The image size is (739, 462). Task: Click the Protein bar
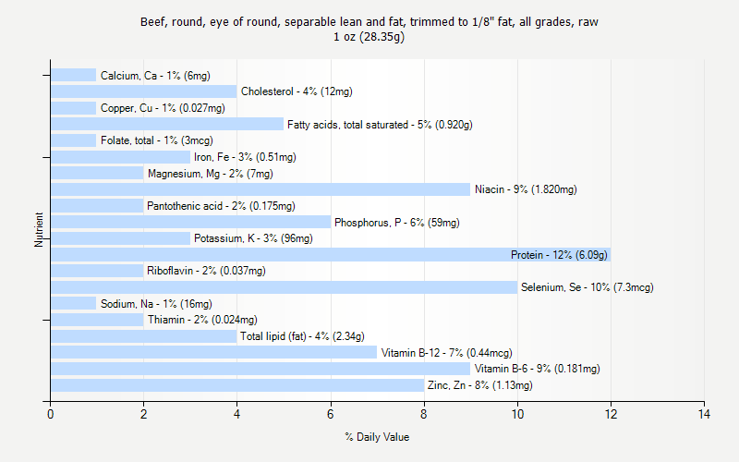331,255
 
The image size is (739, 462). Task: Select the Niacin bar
260,189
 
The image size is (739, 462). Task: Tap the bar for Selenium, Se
284,287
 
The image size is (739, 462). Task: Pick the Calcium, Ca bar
74,76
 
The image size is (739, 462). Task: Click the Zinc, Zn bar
237,385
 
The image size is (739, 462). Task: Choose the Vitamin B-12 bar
213,352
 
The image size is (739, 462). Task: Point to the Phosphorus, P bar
190,222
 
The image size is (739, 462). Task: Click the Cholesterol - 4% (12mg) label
297,91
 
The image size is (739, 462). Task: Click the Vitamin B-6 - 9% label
537,369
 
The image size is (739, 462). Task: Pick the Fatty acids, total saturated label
380,125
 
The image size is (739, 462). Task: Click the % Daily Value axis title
377,437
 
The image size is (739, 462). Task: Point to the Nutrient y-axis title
40,230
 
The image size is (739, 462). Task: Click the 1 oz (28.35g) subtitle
369,37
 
